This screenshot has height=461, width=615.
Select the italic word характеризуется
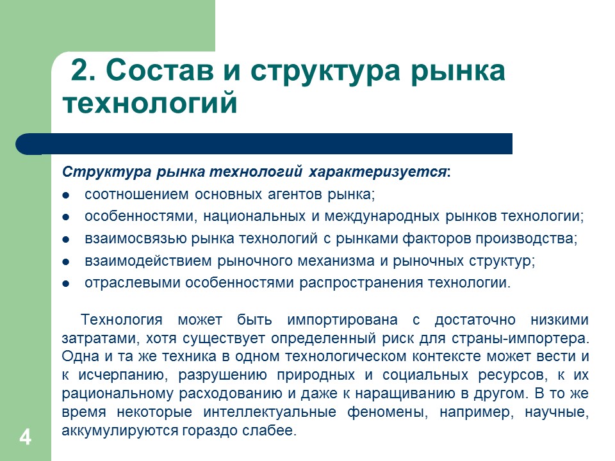(x=378, y=173)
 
